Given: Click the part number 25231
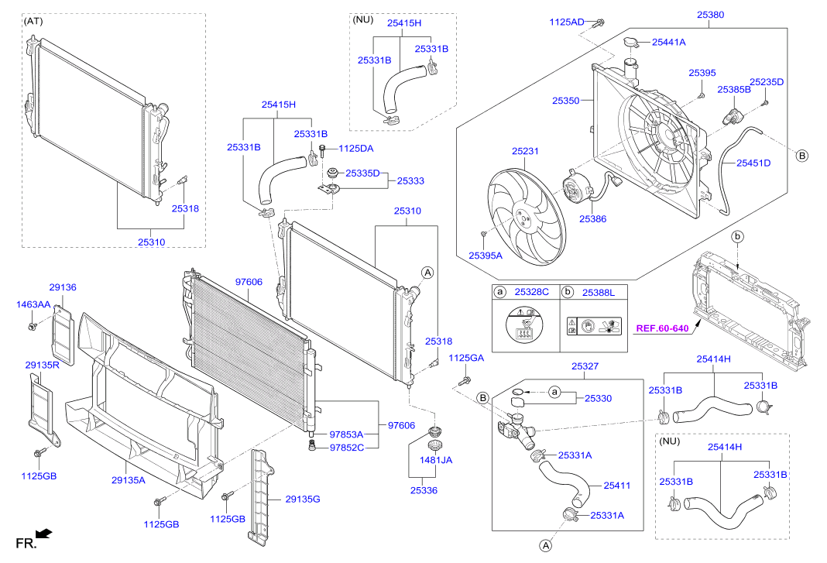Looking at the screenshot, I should [524, 152].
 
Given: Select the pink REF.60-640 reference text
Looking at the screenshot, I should [662, 328].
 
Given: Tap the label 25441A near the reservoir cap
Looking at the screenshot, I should [668, 43].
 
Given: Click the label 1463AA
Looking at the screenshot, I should [33, 305].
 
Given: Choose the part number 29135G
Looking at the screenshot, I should [302, 499].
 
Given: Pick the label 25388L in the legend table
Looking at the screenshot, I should [598, 292].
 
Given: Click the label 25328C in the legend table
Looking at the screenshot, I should [532, 292].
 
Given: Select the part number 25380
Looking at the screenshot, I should [710, 14].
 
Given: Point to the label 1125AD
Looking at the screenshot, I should [567, 22].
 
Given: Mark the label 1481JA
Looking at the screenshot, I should [436, 460].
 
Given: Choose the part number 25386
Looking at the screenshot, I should [592, 219].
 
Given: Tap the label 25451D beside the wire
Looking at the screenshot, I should [753, 163].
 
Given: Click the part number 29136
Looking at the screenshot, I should [63, 287].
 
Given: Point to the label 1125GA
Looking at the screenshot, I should [465, 357].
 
